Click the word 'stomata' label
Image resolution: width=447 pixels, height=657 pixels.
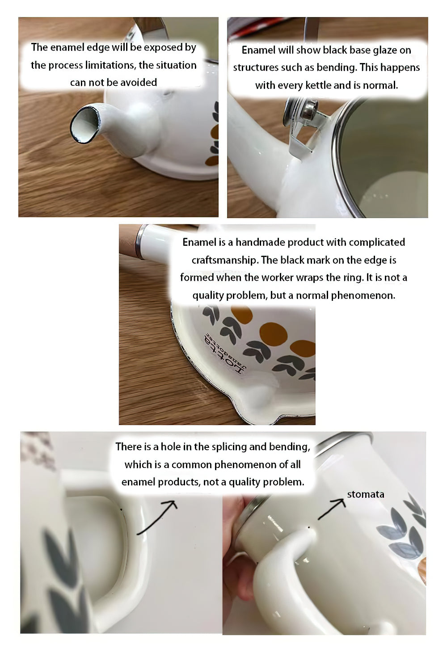(366, 494)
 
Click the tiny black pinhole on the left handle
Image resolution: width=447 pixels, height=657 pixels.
(121, 510)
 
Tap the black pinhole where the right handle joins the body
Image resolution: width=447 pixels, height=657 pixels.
(308, 527)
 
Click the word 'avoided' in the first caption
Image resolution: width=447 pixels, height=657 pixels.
(139, 82)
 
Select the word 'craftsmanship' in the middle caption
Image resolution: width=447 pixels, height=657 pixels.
(225, 260)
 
